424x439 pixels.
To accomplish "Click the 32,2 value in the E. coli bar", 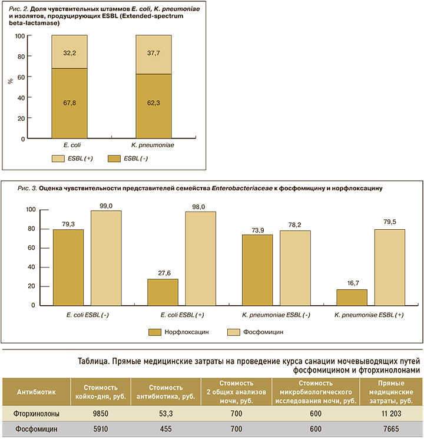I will [69, 52].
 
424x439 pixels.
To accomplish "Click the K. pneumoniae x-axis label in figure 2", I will [154, 144].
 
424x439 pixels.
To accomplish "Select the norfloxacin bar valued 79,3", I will [68, 268].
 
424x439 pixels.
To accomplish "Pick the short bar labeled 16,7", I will [352, 298].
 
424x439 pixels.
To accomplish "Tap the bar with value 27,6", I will [163, 292].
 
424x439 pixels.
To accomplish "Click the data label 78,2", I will [294, 225].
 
